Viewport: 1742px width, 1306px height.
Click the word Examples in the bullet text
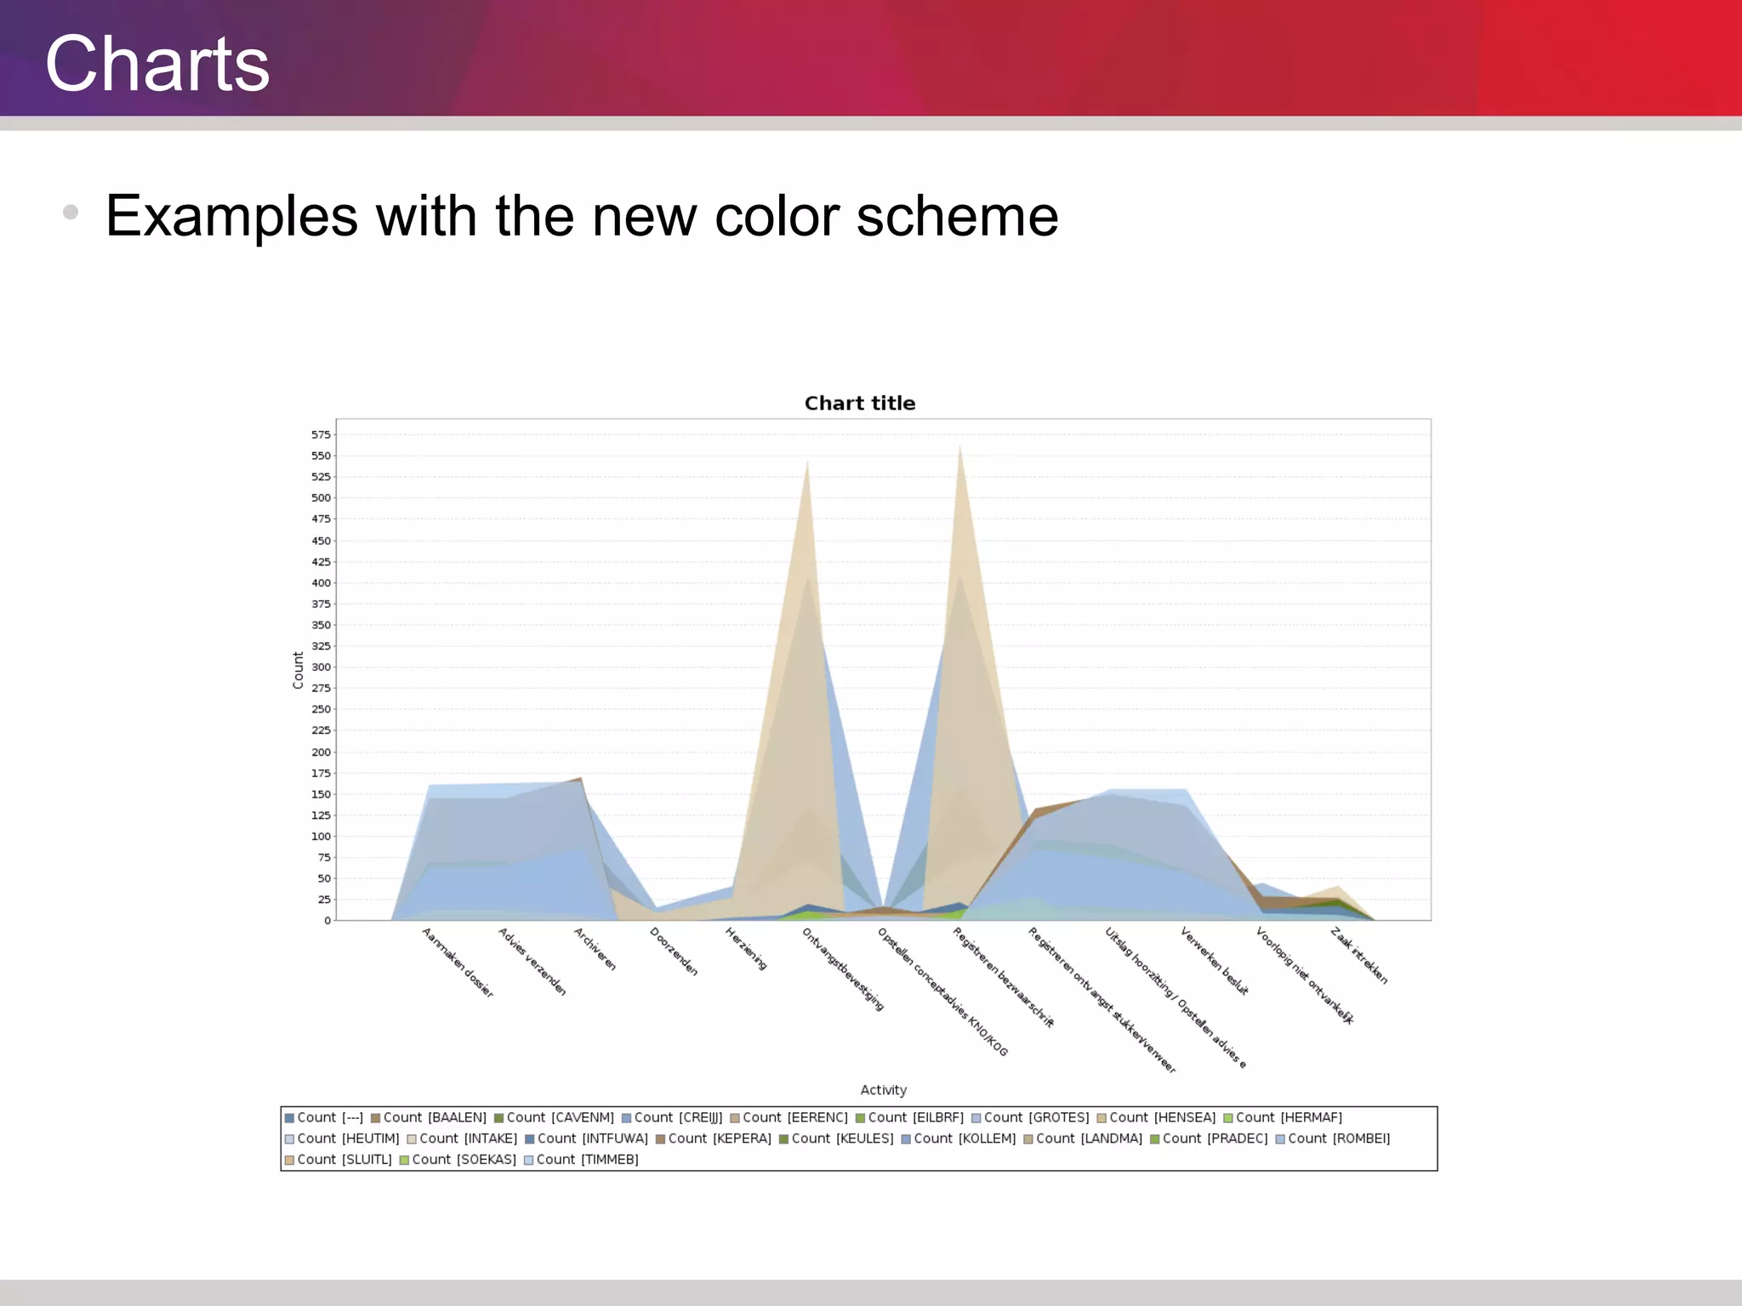coord(231,216)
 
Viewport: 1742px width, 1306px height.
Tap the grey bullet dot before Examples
coord(71,212)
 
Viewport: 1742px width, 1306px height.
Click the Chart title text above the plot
coord(859,403)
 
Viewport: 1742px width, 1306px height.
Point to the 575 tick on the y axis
coord(321,434)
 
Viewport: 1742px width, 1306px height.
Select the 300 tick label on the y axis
coord(321,667)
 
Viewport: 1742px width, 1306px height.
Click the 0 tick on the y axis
coord(327,920)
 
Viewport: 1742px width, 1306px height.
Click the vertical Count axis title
coord(299,670)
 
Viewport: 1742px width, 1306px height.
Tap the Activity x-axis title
coord(883,1090)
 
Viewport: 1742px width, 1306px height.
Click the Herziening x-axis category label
coord(746,949)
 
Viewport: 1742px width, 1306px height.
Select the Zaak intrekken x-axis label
coord(1359,957)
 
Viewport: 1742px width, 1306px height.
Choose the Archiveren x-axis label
coord(595,949)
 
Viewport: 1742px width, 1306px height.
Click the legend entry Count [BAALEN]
coord(429,1117)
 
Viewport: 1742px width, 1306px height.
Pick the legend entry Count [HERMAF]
coord(1283,1117)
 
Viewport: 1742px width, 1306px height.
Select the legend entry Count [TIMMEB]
coord(581,1159)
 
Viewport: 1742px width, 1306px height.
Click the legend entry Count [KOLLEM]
coord(959,1138)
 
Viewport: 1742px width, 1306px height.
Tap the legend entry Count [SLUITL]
coord(338,1159)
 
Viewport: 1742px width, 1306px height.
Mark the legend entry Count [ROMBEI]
coord(1333,1138)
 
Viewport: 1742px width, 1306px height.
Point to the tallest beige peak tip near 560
coord(960,447)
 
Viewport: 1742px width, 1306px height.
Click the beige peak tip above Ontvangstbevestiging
coord(807,463)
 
